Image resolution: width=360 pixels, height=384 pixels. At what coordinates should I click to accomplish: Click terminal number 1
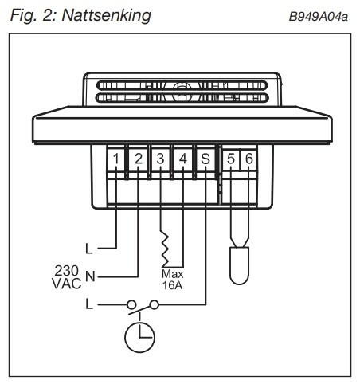pos(116,159)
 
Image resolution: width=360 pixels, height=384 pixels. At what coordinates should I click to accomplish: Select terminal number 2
pos(139,159)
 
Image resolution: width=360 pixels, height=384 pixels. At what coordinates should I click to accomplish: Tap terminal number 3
pos(160,159)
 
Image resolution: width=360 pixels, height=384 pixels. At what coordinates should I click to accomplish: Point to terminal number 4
pos(183,159)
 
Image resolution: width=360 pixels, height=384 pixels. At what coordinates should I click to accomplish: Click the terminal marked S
pos(205,159)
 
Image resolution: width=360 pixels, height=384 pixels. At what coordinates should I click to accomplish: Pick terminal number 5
pos(231,159)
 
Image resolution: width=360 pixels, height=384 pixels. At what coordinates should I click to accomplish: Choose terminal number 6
pos(249,159)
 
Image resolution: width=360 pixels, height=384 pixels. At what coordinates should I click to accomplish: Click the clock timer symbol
pos(139,337)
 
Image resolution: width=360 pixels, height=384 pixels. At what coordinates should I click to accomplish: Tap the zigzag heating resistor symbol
pos(165,249)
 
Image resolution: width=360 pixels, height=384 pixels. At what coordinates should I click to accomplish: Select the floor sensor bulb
pos(239,265)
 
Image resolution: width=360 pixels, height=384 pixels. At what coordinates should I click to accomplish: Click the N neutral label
pos(90,276)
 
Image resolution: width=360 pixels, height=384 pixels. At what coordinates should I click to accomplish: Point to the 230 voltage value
pos(67,271)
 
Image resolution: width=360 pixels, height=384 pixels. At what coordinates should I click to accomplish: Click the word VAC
pos(67,284)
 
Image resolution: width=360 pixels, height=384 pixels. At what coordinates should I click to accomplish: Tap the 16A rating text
pos(172,285)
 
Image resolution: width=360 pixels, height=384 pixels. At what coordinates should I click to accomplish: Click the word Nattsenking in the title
pos(107,15)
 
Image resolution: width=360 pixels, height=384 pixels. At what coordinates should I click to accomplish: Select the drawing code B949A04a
pos(319,17)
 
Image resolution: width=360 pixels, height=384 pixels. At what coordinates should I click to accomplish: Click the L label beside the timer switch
pos(89,304)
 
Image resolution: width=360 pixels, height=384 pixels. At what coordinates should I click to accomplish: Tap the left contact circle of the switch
pos(131,304)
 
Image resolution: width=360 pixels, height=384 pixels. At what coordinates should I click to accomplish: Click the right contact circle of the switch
pos(155,304)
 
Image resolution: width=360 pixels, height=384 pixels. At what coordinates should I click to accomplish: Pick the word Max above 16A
pos(172,274)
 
